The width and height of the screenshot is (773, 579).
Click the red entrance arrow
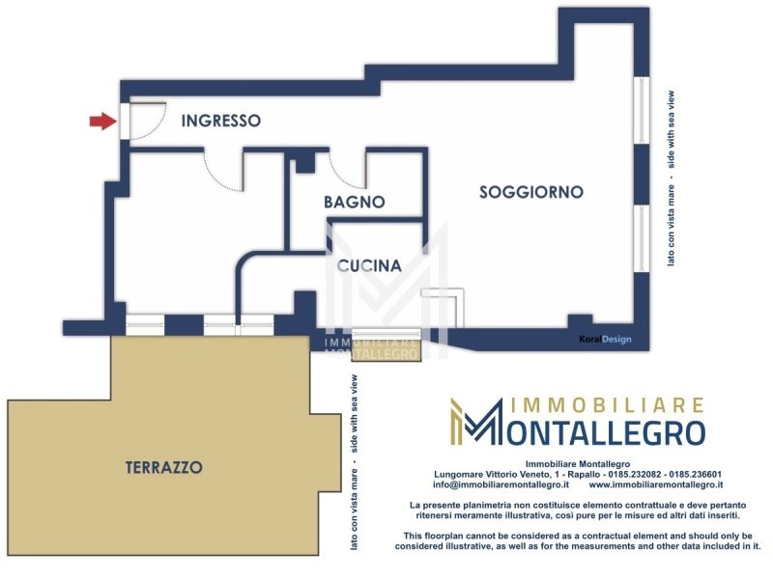coord(102,122)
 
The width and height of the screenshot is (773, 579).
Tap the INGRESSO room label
coord(221,121)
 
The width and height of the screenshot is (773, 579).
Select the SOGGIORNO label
coord(531,192)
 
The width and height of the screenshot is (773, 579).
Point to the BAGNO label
coord(354,202)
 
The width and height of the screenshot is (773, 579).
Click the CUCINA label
coord(369,266)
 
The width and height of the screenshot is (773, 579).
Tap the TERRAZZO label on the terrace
coord(163,467)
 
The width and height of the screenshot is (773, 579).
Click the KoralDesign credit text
coord(606,340)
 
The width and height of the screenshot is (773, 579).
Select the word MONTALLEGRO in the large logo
coord(597,431)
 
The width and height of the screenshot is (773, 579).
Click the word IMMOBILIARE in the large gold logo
coord(607,405)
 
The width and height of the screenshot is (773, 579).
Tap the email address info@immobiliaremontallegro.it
coord(501,484)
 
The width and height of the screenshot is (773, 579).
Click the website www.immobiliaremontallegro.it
coord(656,484)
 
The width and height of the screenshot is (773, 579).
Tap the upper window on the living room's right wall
coord(642,110)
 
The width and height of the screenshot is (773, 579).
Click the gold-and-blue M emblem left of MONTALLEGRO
coord(473,422)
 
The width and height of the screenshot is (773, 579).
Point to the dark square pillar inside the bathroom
coord(305,162)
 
